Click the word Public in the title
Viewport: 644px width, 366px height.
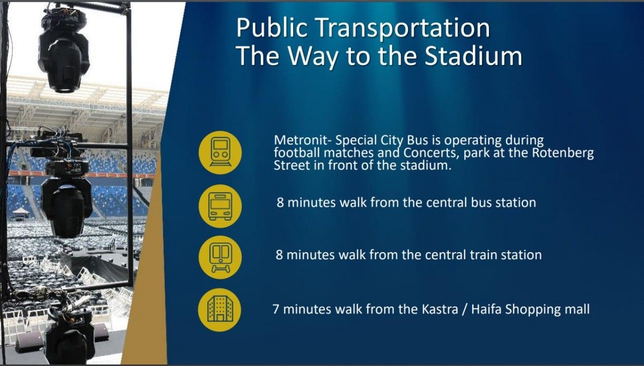pos(272,28)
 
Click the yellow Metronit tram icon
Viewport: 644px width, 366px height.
pos(220,152)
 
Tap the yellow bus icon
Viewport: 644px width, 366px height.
pos(220,206)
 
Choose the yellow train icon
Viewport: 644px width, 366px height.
pos(220,257)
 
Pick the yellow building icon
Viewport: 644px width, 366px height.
pos(220,310)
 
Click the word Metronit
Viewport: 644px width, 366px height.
pos(301,140)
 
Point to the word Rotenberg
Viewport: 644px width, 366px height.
pos(563,153)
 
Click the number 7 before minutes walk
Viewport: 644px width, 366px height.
pos(276,309)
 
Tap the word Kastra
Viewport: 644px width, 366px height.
pos(440,309)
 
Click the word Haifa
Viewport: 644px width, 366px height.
pos(486,309)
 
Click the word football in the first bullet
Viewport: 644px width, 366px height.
pos(297,153)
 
